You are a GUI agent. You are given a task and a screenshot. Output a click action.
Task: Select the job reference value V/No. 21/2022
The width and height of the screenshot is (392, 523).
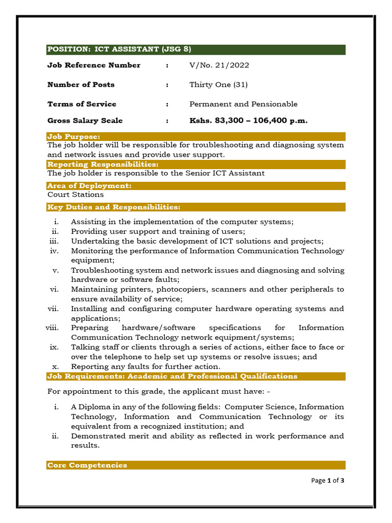[x=219, y=65]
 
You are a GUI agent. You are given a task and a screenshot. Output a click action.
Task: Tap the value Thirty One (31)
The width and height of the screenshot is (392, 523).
[x=218, y=85]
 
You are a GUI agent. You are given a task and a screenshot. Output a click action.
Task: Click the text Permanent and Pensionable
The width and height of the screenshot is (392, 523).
[x=243, y=104]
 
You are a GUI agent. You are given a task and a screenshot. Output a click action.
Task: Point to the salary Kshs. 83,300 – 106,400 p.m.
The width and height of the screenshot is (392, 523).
[x=248, y=121]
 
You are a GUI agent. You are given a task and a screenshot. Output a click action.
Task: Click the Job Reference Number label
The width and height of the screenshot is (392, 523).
[x=94, y=65]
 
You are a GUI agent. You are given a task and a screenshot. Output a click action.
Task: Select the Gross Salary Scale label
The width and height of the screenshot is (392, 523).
[x=85, y=121]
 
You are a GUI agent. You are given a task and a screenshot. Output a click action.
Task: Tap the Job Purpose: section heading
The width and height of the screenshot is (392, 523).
[x=73, y=136]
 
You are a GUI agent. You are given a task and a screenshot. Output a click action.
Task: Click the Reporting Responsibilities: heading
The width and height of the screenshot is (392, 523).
[x=103, y=164]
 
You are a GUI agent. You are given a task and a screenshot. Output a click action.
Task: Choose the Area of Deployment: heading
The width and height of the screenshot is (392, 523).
[x=89, y=186]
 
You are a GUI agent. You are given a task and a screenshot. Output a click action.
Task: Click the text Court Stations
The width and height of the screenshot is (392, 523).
[x=76, y=195]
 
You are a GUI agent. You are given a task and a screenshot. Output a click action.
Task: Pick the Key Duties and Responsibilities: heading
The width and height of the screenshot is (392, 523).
[x=113, y=207]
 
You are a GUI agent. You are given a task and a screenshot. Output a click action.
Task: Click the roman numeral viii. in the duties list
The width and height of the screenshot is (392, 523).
[x=53, y=328]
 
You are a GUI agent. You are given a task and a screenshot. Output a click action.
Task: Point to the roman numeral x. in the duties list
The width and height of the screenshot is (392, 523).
[x=57, y=367]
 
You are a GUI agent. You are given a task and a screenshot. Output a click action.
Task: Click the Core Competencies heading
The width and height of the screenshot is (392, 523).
[x=87, y=465]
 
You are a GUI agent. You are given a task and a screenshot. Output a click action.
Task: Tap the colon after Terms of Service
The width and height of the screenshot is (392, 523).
[x=167, y=104]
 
